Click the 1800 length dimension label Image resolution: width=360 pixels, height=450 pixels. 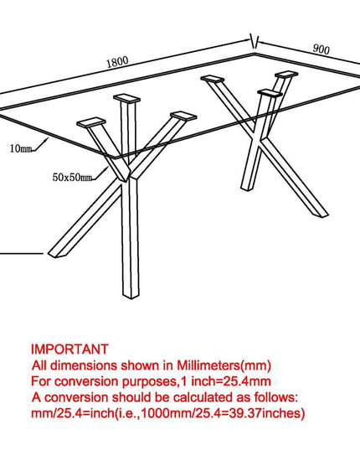click(x=117, y=62)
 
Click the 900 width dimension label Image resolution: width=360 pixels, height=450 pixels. click(x=321, y=49)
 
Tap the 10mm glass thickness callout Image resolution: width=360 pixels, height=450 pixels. click(x=21, y=148)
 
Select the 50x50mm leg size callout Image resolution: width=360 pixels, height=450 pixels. click(x=72, y=177)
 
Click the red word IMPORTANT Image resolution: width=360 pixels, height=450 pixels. click(x=69, y=349)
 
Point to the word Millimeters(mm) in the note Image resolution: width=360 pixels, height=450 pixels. click(x=224, y=365)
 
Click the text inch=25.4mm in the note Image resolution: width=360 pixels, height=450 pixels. click(x=231, y=381)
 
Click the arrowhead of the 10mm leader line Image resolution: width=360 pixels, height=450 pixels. click(x=47, y=139)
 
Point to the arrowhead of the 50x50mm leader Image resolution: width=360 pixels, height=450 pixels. click(x=106, y=168)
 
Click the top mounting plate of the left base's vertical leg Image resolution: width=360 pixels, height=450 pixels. click(x=126, y=98)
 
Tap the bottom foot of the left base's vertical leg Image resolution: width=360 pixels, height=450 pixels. click(x=131, y=295)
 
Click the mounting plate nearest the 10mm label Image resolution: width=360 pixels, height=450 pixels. click(x=91, y=122)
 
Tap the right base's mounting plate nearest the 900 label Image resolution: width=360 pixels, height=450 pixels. click(x=286, y=74)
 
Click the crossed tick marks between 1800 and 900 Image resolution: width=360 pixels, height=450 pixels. click(x=255, y=42)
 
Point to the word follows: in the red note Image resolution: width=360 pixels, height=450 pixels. click(x=276, y=397)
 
